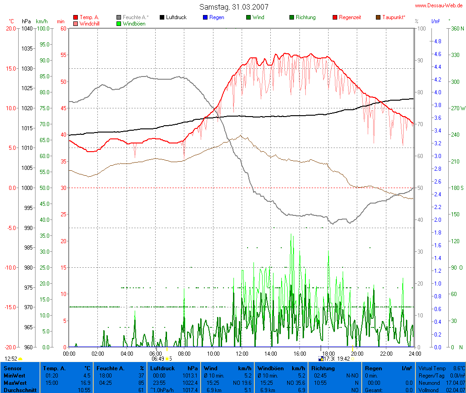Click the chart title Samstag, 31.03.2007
(233, 7)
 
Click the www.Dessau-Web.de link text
(439, 5)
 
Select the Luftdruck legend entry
(173, 17)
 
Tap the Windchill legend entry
(89, 23)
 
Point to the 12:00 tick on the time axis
(242, 353)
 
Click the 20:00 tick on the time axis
(357, 353)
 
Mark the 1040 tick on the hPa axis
(27, 28)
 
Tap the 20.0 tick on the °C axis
(11, 28)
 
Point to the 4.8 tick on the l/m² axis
(437, 41)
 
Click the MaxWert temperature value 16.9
(86, 383)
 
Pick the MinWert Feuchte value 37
(141, 376)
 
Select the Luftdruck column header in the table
(162, 368)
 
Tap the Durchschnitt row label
(19, 390)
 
